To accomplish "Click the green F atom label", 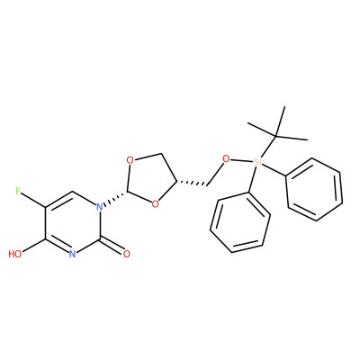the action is coord(18,191).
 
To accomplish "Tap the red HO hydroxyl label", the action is coord(15,255).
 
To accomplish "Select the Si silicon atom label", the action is coord(257,162).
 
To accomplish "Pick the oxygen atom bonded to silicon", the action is coord(226,158).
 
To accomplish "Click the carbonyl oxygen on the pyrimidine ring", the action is coord(127,255).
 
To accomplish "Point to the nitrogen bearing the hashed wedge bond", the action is coord(99,207).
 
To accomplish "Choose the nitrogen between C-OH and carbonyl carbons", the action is coord(72,255).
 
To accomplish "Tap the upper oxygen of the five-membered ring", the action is coord(130,160).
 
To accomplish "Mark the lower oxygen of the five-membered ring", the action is coord(155,204).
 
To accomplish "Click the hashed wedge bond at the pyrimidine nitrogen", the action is coord(116,198).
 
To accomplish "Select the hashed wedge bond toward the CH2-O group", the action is coord(192,183).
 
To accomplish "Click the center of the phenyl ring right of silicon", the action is coord(314,190).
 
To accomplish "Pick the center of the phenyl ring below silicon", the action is coord(240,222).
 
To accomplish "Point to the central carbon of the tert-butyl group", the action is coord(275,137).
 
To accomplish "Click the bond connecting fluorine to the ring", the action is coord(33,200).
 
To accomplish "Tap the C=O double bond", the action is coord(111,246).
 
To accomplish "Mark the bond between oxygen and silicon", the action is coord(241,160).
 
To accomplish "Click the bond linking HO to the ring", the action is coord(33,246).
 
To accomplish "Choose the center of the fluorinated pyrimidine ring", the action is coord(72,222).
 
